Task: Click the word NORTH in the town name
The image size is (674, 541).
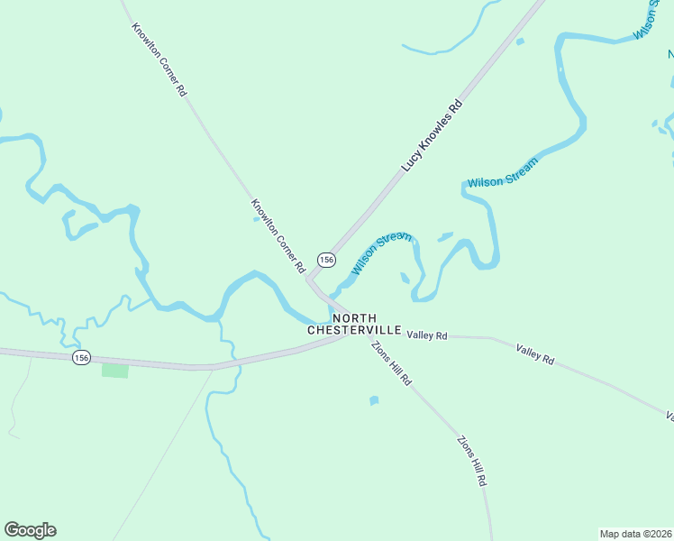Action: (x=353, y=318)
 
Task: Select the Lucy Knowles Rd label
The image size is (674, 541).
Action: (x=432, y=136)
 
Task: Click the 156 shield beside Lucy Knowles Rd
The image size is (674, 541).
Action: (x=326, y=260)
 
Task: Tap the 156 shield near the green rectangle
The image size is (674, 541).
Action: (x=82, y=358)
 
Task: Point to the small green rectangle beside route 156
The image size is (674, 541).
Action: (x=114, y=371)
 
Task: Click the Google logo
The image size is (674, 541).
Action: (x=30, y=530)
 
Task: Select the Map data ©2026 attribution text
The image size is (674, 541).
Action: (x=634, y=534)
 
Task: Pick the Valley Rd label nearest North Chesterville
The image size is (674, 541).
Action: (x=427, y=335)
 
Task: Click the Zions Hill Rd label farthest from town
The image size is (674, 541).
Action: (x=471, y=462)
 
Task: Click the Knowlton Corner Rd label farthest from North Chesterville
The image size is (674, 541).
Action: (x=159, y=60)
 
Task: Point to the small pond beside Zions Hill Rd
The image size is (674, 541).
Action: (x=374, y=400)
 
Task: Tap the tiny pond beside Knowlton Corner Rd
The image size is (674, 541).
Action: (x=257, y=219)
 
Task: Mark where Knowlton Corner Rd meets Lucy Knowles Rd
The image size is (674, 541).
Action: (x=310, y=280)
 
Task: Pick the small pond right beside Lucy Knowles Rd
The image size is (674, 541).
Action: (x=519, y=41)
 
